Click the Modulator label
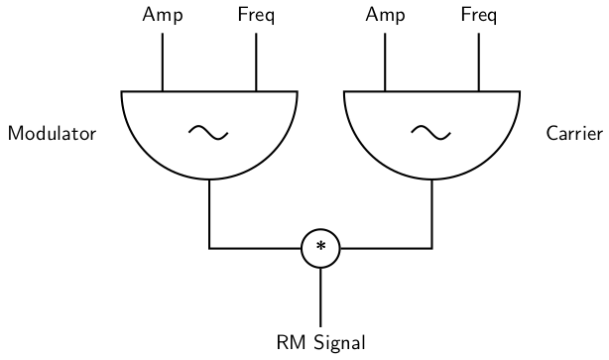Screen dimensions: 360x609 pyautogui.click(x=52, y=134)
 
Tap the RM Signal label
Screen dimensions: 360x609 pyautogui.click(x=320, y=344)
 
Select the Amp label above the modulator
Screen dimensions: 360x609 pyautogui.click(x=162, y=15)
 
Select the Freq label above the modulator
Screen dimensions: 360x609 pyautogui.click(x=256, y=15)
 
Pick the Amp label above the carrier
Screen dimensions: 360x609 pyautogui.click(x=385, y=15)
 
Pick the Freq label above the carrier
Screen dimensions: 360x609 pyautogui.click(x=479, y=15)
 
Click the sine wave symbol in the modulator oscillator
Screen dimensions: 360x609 pyautogui.click(x=208, y=131)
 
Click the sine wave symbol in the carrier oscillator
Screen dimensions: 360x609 pyautogui.click(x=431, y=131)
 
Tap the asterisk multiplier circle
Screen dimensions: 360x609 pyautogui.click(x=320, y=247)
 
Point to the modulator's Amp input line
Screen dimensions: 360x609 pyautogui.click(x=162, y=60)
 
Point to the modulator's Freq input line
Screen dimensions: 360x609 pyautogui.click(x=256, y=60)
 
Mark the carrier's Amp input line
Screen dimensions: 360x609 pyautogui.click(x=385, y=60)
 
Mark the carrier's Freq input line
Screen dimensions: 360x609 pyautogui.click(x=479, y=60)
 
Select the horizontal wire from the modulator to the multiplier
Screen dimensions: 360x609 pyautogui.click(x=255, y=247)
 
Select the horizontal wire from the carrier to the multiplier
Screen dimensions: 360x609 pyautogui.click(x=386, y=247)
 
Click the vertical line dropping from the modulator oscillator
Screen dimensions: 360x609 pyautogui.click(x=208, y=213)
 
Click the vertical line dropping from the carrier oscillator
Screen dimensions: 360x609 pyautogui.click(x=431, y=213)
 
